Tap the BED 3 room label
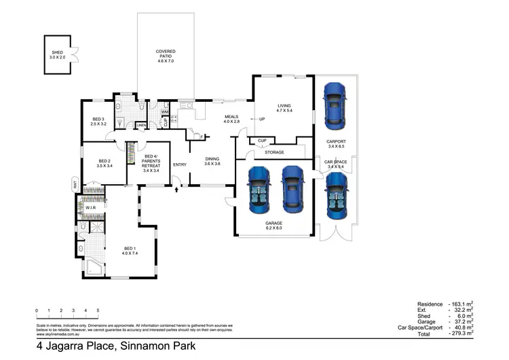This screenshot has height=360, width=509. coord(99,120)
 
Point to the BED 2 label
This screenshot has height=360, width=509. coord(104,161)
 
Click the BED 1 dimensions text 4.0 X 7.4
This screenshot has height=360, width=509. coord(130,253)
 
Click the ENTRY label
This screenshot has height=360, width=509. coord(180,164)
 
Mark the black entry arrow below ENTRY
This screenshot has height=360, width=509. coord(177,189)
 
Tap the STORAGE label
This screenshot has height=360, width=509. coord(274,152)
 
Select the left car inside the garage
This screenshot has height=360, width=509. coord(258,187)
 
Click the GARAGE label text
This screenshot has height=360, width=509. coord(274,222)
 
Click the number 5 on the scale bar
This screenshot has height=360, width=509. coord(98,310)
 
